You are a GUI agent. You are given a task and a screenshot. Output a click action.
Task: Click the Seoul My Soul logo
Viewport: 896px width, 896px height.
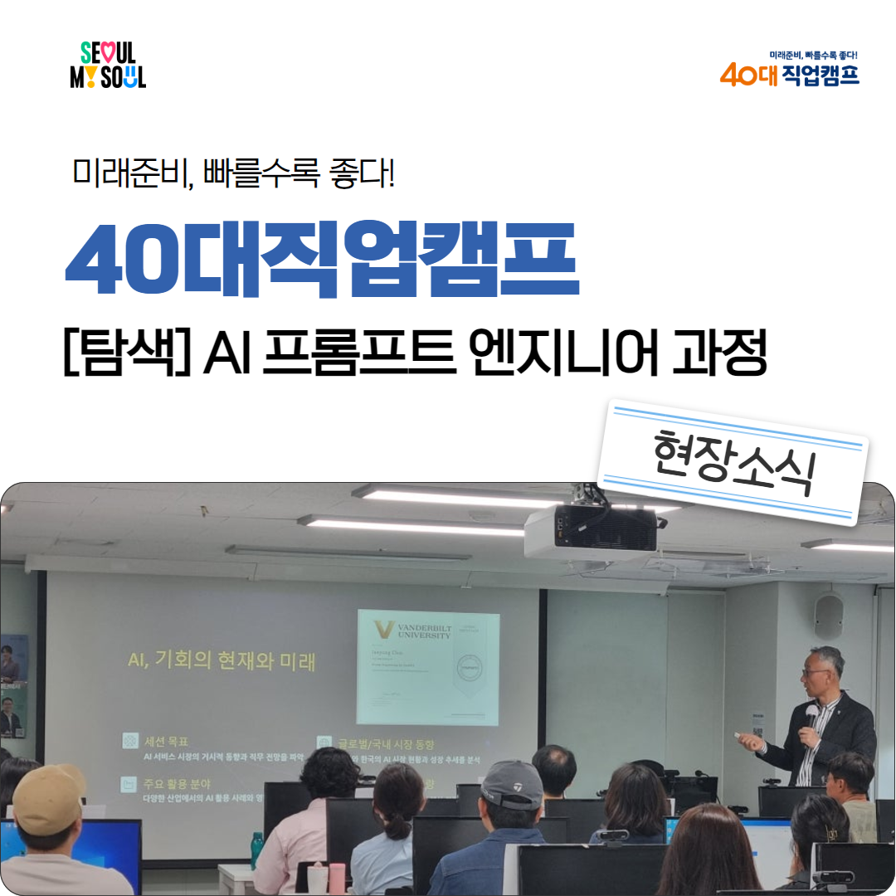[108, 66]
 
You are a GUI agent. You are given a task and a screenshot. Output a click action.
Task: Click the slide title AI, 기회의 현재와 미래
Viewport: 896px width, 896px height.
[222, 662]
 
